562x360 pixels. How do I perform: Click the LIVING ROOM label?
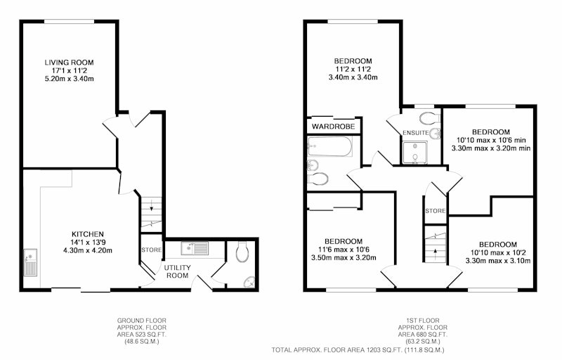[69, 63]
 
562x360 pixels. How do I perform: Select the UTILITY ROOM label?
[178, 271]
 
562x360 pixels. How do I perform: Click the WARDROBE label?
[333, 127]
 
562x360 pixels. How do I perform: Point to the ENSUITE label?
[416, 133]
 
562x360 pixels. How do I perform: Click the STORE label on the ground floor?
[151, 250]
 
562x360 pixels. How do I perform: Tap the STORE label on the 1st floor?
[436, 211]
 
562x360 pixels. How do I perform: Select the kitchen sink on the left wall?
[30, 262]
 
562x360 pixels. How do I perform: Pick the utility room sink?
[195, 248]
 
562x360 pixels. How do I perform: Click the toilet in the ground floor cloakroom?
[242, 251]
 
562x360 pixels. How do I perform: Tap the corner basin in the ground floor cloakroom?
[249, 283]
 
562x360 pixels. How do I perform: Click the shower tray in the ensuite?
[415, 153]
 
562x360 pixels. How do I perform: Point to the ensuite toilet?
[429, 117]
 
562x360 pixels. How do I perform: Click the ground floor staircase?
[151, 213]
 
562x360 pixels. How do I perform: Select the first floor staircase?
[436, 245]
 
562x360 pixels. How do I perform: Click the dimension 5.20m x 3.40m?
[69, 79]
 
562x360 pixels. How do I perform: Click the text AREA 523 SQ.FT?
[142, 335]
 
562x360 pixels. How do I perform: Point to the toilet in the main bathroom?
[318, 179]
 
